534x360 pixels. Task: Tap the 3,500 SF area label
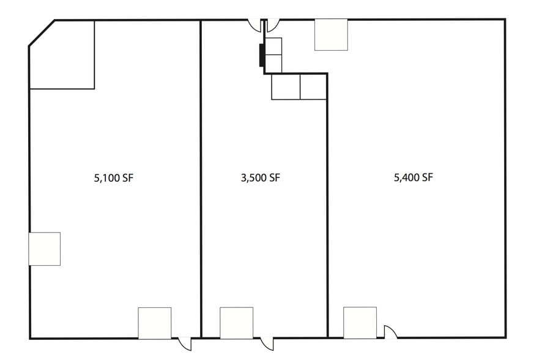click(260, 179)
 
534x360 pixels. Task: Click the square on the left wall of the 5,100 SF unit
click(45, 249)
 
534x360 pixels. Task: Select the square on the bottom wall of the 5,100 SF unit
click(155, 323)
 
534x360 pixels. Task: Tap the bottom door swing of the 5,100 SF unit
click(185, 344)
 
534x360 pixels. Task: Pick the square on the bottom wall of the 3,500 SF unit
click(237, 323)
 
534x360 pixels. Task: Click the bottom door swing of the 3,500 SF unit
click(267, 344)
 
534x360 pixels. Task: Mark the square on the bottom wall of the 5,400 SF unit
click(360, 322)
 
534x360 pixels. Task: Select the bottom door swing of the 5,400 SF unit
click(390, 331)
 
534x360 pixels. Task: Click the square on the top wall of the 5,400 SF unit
click(331, 35)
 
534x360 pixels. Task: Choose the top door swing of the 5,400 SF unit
click(273, 26)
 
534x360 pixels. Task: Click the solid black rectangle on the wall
click(262, 55)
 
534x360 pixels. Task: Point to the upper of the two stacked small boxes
click(273, 47)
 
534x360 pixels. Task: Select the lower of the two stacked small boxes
click(273, 64)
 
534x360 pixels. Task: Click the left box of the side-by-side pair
click(286, 87)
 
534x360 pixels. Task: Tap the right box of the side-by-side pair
click(313, 87)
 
